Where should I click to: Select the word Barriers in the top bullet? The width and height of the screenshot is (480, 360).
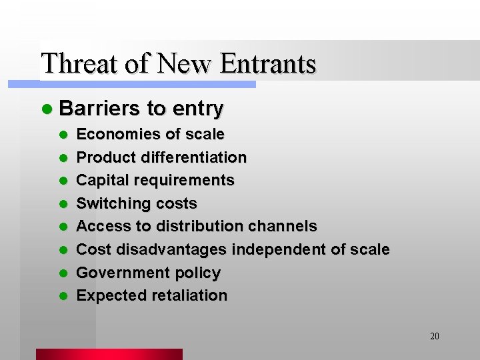coord(99,108)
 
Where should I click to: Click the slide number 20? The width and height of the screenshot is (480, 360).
coord(435,336)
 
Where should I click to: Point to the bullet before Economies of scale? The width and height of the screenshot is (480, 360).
coord(63,135)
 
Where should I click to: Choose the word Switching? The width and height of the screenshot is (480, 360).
coord(109,203)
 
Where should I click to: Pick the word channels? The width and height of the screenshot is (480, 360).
coord(283,226)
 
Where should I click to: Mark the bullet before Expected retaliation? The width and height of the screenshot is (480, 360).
coord(63,296)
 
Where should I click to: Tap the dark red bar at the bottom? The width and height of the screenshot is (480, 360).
coord(109,354)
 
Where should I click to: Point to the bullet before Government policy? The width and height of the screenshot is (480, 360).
coord(63,273)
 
